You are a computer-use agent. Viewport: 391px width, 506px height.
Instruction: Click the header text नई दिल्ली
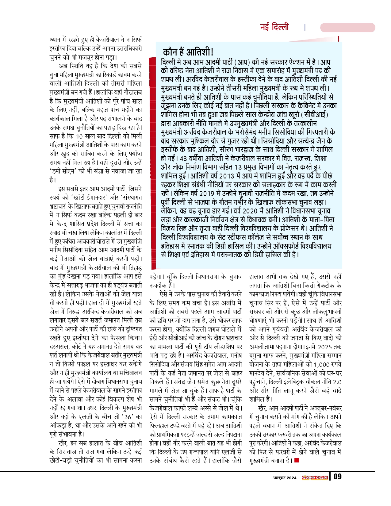(x=274, y=27)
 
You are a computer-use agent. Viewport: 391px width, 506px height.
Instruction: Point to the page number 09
(x=337, y=477)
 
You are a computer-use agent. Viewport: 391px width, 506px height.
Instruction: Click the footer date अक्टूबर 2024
(x=285, y=478)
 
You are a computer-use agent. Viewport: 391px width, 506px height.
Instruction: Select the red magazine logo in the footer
(x=315, y=477)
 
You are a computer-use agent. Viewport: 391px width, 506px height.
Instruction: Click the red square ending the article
(x=296, y=460)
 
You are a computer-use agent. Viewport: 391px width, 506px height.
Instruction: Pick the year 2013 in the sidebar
(x=227, y=176)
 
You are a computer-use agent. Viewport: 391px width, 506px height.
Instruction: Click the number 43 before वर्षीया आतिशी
(x=183, y=159)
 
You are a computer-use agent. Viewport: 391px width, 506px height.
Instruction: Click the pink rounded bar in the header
(x=347, y=28)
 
